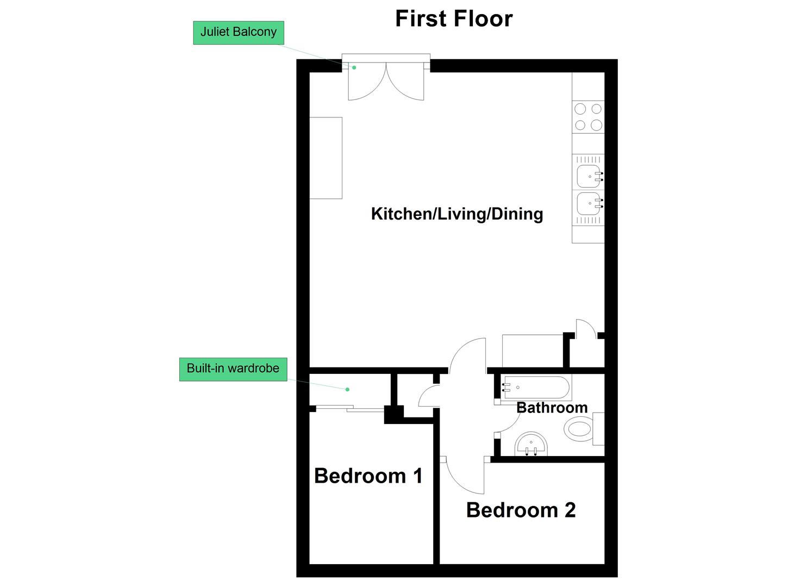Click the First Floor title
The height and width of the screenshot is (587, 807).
(454, 18)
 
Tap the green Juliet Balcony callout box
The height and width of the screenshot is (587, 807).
(239, 33)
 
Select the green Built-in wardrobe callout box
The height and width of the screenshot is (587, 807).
(233, 370)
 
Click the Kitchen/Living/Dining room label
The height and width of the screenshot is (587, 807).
(457, 214)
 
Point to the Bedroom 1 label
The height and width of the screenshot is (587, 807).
(368, 476)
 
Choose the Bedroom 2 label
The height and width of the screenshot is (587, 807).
(521, 510)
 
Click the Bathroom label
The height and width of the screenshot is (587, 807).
(552, 408)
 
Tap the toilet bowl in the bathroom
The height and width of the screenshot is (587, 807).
(579, 429)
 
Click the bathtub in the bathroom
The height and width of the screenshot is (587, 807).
(536, 388)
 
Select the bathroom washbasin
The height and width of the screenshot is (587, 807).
(531, 444)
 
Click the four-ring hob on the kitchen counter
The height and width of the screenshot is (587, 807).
(588, 117)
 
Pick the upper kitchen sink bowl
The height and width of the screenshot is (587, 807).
(589, 177)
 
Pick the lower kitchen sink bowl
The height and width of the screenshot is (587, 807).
(589, 203)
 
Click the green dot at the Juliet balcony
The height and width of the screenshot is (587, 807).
(354, 67)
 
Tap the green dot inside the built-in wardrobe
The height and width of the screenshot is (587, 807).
(347, 390)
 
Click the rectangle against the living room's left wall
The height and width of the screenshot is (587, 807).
(326, 158)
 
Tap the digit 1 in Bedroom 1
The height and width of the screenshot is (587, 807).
(418, 476)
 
